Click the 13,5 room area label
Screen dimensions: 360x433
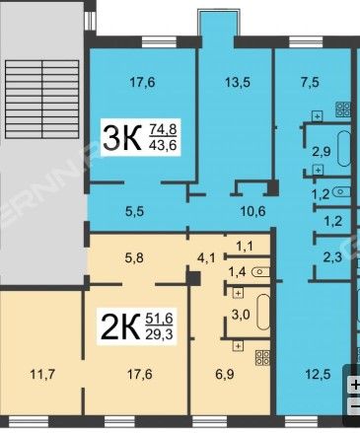point(238,82)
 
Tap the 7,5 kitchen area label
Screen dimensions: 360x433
point(310,82)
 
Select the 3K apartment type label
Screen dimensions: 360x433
point(122,138)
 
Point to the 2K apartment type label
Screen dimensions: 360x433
point(120,326)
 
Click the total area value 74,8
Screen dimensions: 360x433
point(163,129)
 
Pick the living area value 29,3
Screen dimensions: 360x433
point(159,334)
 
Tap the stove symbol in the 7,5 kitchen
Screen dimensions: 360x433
point(343,109)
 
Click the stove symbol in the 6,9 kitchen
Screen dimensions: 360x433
point(262,358)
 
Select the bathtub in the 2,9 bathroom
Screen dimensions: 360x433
point(344,149)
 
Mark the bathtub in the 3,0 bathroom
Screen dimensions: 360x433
point(263,312)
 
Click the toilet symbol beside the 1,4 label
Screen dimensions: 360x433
point(261,272)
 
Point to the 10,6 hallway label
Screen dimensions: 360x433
point(252,211)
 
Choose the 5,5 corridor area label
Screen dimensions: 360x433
point(135,211)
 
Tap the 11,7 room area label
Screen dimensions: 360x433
point(42,374)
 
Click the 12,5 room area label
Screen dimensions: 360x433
point(318,374)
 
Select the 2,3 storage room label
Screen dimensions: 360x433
point(332,256)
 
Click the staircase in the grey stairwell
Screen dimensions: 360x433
point(42,99)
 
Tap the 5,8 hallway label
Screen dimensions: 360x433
point(134,258)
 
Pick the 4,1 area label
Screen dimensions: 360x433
point(207,258)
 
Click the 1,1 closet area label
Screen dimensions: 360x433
point(245,246)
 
